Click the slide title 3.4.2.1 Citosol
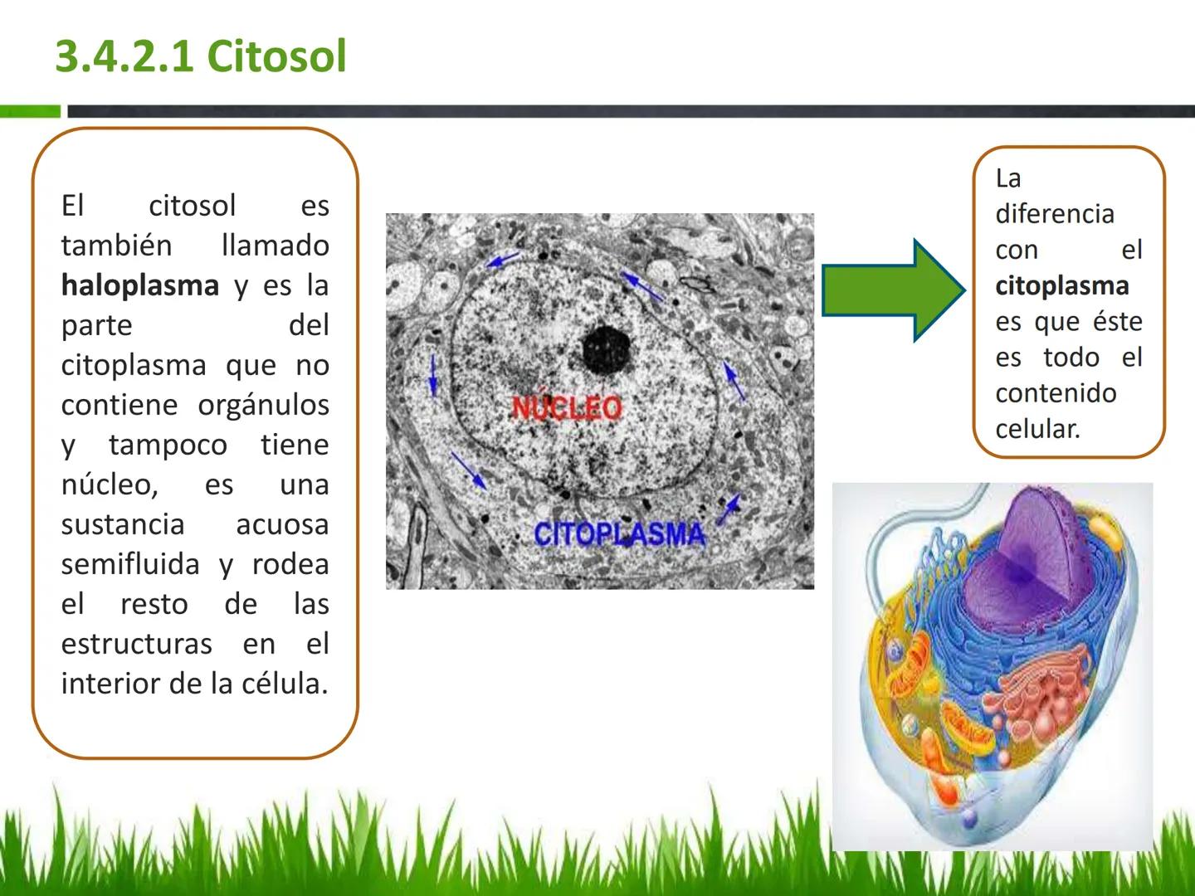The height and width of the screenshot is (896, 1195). pos(200,56)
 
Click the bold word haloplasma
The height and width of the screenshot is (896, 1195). pos(139,285)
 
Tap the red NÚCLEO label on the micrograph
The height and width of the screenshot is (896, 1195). pos(567,407)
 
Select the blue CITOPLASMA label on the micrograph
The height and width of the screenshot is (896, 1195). pos(619,533)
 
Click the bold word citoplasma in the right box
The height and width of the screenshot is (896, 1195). pos(1061,286)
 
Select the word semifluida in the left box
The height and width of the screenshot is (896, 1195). pos(130,564)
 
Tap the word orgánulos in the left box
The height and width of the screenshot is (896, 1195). pos(263,405)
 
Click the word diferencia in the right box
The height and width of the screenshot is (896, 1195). pos(1054,214)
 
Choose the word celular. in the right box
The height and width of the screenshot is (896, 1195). pos(1037,429)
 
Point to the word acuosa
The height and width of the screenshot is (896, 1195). pos(282,524)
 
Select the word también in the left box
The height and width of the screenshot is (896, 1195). pos(116,246)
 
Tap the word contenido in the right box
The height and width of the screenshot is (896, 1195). pos(1056,393)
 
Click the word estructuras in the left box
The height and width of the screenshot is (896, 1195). pos(136,644)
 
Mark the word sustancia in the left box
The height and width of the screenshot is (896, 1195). pos(123,524)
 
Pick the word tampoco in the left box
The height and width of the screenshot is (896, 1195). pos(168,445)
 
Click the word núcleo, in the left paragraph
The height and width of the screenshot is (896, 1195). pos(110,485)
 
